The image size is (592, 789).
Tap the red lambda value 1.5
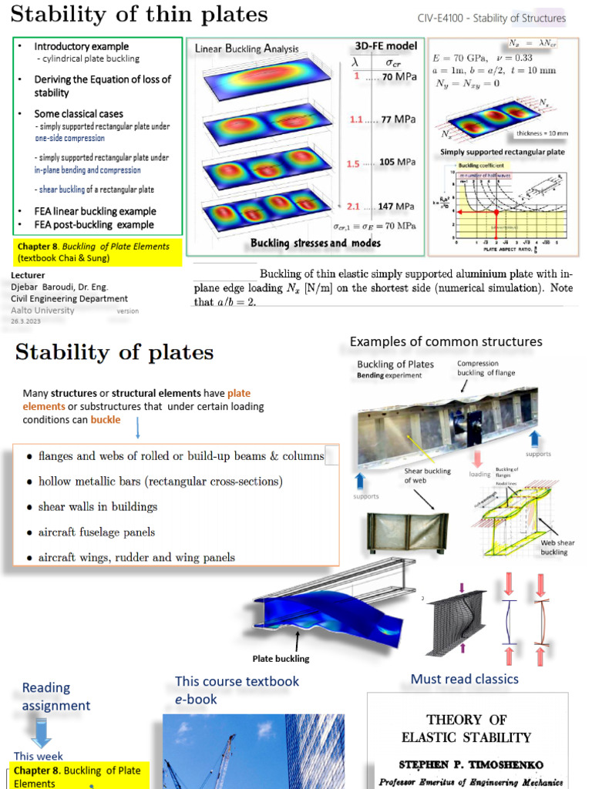point(354,163)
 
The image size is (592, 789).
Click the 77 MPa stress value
point(398,119)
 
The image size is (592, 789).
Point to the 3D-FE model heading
point(385,46)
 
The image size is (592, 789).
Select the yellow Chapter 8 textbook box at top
point(97,252)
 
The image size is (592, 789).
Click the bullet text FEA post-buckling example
point(94,225)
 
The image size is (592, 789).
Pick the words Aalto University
point(43,310)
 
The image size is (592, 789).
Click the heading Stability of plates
point(114,353)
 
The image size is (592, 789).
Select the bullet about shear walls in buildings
point(97,507)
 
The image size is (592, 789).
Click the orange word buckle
point(106,420)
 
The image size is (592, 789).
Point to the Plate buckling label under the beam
point(281,659)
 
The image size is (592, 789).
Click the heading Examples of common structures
point(446,341)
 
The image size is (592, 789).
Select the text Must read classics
point(464,679)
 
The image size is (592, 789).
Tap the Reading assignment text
point(56,697)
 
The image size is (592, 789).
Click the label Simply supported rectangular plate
point(503,152)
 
